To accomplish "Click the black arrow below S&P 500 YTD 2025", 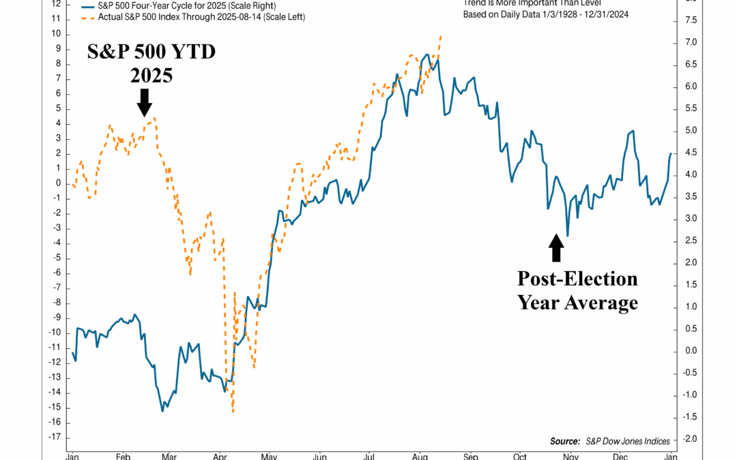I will [143, 102].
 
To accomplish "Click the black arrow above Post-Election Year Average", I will [556, 248].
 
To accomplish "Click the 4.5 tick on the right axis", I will [691, 153].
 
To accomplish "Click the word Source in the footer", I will [564, 441].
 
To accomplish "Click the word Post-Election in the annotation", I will [577, 279].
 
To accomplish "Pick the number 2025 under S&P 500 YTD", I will [151, 75].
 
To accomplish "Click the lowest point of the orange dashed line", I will [233, 412].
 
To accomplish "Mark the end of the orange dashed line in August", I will [442, 36].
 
